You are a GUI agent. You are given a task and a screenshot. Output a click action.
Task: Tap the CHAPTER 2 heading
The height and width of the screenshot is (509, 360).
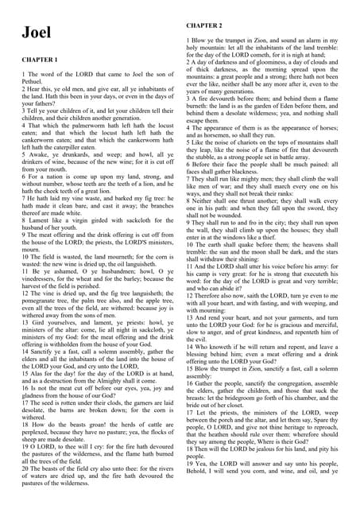click(x=204, y=26)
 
